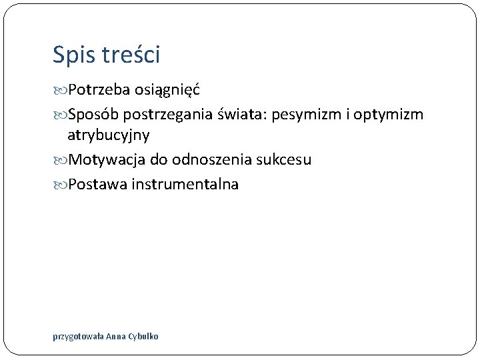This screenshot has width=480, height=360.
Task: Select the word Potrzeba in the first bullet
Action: (x=99, y=89)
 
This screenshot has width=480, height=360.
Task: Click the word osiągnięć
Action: (x=168, y=90)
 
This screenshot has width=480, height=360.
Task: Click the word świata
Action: (x=243, y=114)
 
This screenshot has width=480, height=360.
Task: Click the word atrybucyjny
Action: (x=108, y=135)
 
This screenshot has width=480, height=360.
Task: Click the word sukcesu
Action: (x=283, y=160)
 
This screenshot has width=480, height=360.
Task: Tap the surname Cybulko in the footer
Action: (x=145, y=337)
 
